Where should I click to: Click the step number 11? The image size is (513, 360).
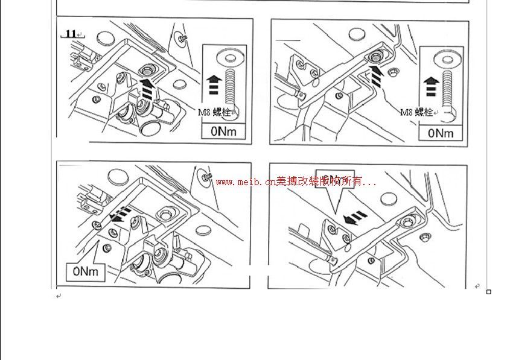(71, 34)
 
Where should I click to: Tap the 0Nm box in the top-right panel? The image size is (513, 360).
(441, 132)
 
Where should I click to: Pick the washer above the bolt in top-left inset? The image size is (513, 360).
(229, 57)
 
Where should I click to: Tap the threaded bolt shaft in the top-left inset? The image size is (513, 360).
(229, 87)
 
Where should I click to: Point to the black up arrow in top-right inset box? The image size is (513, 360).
(430, 86)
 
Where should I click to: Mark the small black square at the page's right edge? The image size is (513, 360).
(489, 292)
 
